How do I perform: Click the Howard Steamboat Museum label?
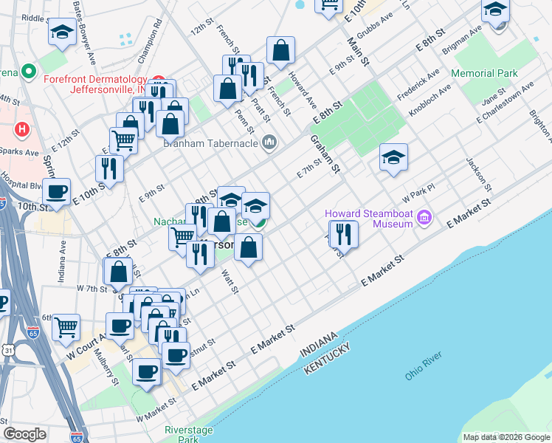coord(369,219)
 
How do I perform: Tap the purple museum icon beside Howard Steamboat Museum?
coord(424,218)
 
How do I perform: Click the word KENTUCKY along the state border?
coord(328,357)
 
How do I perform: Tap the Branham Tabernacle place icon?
coord(269,142)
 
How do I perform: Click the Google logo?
coord(25,433)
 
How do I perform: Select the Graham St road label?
coord(324,154)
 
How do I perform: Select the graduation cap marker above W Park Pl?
coord(394,157)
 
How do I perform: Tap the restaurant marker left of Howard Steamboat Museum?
coord(344,233)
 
